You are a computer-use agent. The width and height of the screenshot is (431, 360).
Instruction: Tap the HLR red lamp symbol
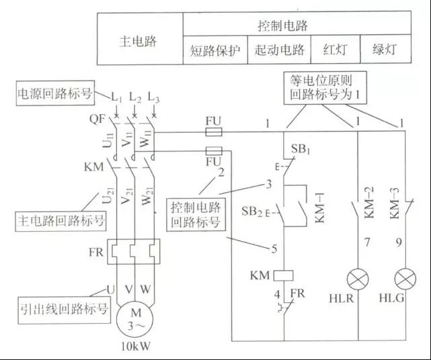(358, 279)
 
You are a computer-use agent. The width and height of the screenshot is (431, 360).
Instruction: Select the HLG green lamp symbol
(405, 279)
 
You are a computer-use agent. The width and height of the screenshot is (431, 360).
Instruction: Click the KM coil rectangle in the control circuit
(283, 275)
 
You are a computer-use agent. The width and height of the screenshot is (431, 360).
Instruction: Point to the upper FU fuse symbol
(214, 132)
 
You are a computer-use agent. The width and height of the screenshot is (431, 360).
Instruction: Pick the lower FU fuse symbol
(214, 150)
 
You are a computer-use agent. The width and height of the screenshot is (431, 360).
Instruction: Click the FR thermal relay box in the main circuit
(133, 252)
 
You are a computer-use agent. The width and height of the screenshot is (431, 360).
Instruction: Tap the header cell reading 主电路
(140, 38)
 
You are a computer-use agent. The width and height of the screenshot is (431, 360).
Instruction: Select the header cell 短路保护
(215, 50)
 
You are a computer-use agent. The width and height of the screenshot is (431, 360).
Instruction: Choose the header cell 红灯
(336, 50)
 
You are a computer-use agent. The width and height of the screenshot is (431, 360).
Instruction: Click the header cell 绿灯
(386, 50)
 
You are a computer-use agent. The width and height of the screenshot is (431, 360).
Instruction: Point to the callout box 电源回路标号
(55, 93)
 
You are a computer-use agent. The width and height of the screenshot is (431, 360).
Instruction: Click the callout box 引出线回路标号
(65, 310)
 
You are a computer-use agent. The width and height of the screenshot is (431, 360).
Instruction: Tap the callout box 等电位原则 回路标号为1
(325, 87)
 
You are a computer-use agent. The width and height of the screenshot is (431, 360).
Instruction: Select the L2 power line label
(135, 97)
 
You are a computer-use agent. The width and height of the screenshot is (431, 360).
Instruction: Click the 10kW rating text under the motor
(136, 347)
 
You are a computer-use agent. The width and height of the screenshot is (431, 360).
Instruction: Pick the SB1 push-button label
(301, 149)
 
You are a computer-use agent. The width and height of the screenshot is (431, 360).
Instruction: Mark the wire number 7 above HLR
(367, 242)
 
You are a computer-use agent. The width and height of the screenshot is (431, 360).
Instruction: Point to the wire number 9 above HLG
(399, 242)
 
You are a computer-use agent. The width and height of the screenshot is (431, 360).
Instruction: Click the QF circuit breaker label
(97, 119)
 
